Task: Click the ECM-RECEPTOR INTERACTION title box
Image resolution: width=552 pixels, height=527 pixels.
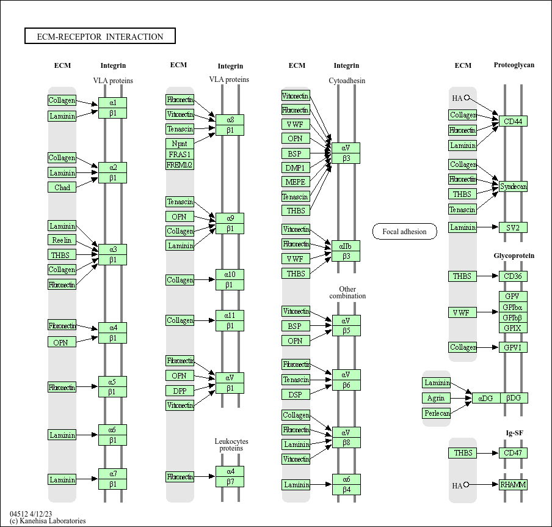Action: [x=100, y=37]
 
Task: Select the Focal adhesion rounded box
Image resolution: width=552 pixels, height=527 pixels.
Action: [x=404, y=232]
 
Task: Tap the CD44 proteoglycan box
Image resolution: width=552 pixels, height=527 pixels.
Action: [x=513, y=121]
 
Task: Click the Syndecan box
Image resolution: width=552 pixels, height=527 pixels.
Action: [x=513, y=186]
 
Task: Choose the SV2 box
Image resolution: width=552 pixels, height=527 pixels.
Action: [x=513, y=227]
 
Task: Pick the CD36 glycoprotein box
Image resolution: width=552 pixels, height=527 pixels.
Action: [x=513, y=276]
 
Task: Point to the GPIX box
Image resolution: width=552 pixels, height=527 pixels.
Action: [x=513, y=328]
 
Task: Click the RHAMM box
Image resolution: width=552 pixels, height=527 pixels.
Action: [x=513, y=485]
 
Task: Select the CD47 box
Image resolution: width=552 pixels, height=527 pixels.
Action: [x=513, y=453]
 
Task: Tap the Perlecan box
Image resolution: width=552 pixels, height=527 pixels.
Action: [x=437, y=413]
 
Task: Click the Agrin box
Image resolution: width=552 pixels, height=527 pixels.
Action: [x=437, y=398]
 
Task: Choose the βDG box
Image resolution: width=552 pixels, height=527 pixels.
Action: [x=514, y=398]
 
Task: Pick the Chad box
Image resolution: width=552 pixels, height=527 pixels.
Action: [x=62, y=187]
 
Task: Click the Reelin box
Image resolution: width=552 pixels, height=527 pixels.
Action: [x=62, y=240]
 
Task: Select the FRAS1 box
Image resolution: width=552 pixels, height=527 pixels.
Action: [x=180, y=154]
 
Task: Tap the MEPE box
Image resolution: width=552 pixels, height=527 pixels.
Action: [x=296, y=182]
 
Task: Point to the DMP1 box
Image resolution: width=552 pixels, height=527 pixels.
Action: [x=296, y=168]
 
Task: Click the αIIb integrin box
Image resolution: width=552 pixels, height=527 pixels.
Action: [x=346, y=246]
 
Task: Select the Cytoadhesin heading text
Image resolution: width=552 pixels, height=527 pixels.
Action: [x=347, y=81]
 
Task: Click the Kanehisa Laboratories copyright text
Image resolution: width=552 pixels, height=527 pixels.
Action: [x=48, y=521]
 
